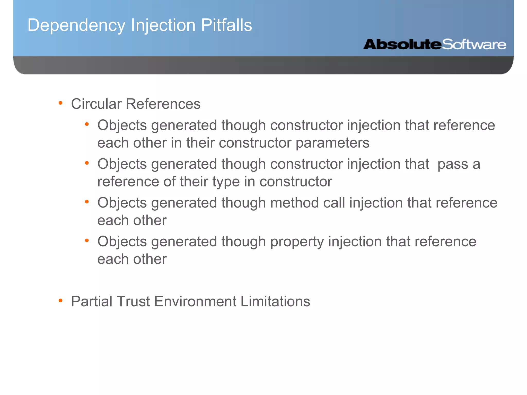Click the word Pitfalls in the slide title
(226, 25)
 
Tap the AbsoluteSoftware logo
(435, 44)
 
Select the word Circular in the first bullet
(96, 104)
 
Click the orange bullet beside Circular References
(60, 103)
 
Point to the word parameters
(332, 143)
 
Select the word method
(295, 203)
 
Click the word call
(334, 203)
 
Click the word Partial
(92, 301)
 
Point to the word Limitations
(275, 301)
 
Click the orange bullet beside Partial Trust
(60, 300)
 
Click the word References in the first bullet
(163, 104)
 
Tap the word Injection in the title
(163, 26)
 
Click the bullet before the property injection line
(87, 241)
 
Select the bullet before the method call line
(87, 202)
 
